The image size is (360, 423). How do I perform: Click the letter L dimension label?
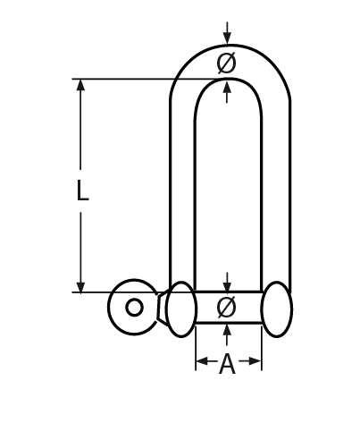(81, 191)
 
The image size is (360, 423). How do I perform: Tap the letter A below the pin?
(228, 364)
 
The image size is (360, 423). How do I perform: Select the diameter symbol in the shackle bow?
(227, 63)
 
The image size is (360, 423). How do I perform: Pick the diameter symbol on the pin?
(227, 307)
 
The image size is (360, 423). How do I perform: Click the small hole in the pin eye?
(134, 308)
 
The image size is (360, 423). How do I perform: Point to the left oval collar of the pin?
(181, 309)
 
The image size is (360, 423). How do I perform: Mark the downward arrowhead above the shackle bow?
(228, 38)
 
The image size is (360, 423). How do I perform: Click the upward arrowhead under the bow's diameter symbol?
(228, 85)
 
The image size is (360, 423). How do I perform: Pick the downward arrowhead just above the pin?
(228, 284)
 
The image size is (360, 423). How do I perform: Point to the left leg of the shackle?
(182, 188)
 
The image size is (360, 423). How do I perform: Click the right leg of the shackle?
(275, 188)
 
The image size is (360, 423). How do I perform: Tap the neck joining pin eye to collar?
(163, 308)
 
